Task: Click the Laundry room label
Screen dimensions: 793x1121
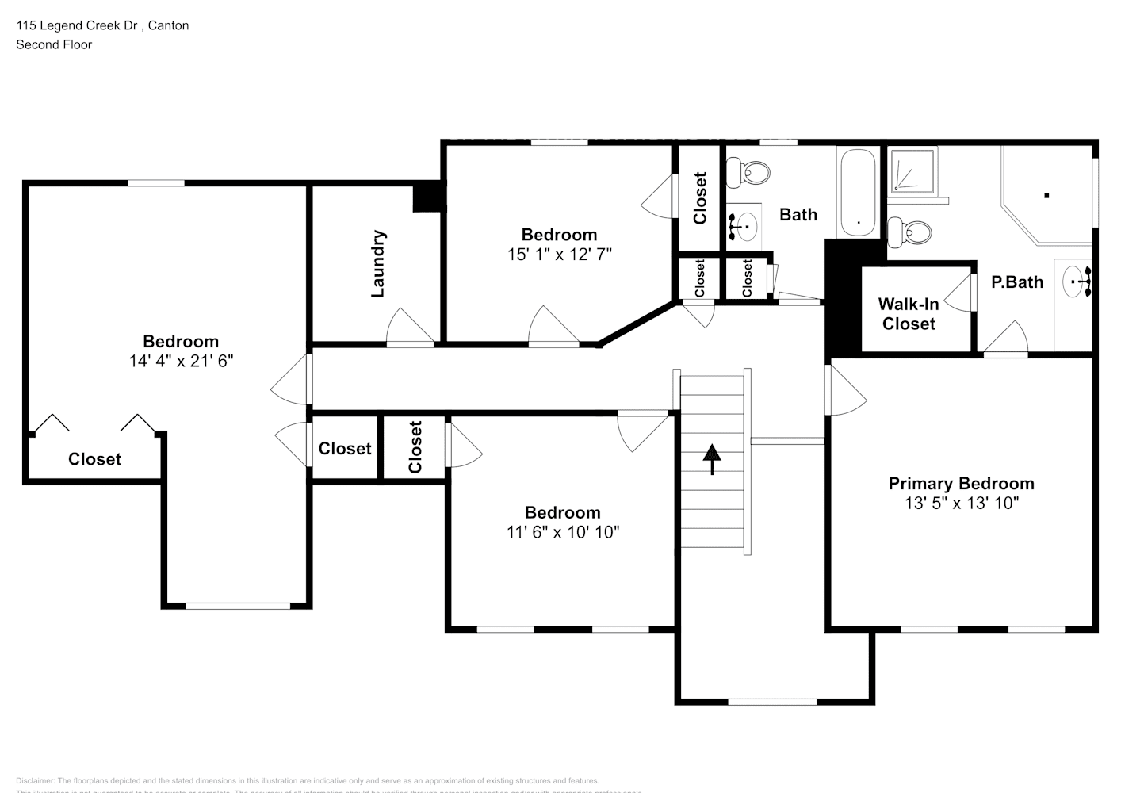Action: [x=378, y=263]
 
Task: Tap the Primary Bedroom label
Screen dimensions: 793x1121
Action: [x=961, y=484]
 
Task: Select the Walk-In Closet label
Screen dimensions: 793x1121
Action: [x=909, y=314]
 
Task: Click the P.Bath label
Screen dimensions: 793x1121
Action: [x=1017, y=282]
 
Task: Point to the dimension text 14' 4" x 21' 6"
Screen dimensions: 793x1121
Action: [x=181, y=361]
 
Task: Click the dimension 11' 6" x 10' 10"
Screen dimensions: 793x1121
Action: [x=563, y=532]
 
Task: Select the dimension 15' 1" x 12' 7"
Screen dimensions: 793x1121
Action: [x=560, y=254]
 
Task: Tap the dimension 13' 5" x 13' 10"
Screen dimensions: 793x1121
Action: [x=961, y=503]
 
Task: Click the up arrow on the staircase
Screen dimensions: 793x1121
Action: [x=712, y=458]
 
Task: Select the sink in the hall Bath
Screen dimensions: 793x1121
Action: [x=744, y=226]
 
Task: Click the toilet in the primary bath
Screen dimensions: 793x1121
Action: [x=912, y=232]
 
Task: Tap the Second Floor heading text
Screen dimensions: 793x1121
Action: [x=54, y=44]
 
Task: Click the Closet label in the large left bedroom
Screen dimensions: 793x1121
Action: [x=94, y=459]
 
